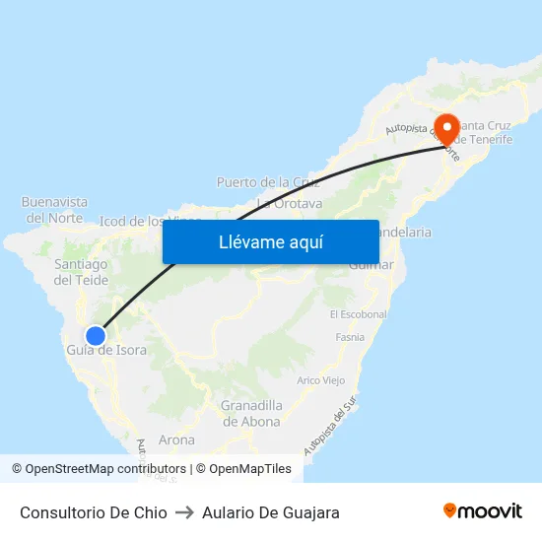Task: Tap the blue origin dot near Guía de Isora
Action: (96, 336)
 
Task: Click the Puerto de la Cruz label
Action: (268, 182)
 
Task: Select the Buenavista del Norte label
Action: (54, 209)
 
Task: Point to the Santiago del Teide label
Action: (81, 272)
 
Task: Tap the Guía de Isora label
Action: (106, 351)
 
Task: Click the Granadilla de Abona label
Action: (250, 413)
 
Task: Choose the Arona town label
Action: (176, 440)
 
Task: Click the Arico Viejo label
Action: (320, 380)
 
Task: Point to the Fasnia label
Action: (350, 337)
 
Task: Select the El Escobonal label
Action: (359, 314)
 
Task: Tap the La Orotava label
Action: (290, 204)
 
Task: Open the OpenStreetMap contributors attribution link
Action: (99, 469)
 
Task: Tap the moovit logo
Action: (483, 511)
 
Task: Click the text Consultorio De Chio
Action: (94, 512)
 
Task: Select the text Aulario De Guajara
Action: (271, 512)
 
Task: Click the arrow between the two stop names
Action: (184, 512)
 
